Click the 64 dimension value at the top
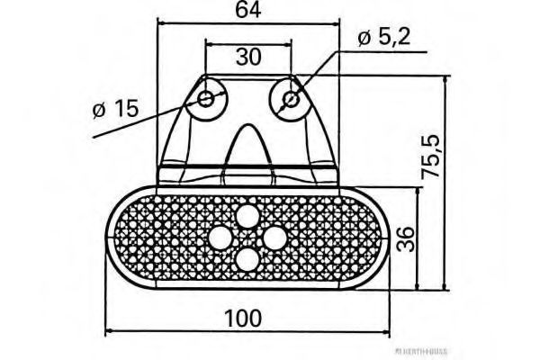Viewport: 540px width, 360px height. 248,11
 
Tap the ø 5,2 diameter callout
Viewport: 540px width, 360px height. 386,37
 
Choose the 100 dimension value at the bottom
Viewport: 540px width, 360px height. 245,317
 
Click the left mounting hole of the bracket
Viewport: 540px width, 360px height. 208,98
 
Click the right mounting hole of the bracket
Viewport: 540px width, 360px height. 290,98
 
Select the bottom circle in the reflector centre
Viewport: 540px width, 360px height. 247,260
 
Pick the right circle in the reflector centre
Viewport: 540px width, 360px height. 274,238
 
